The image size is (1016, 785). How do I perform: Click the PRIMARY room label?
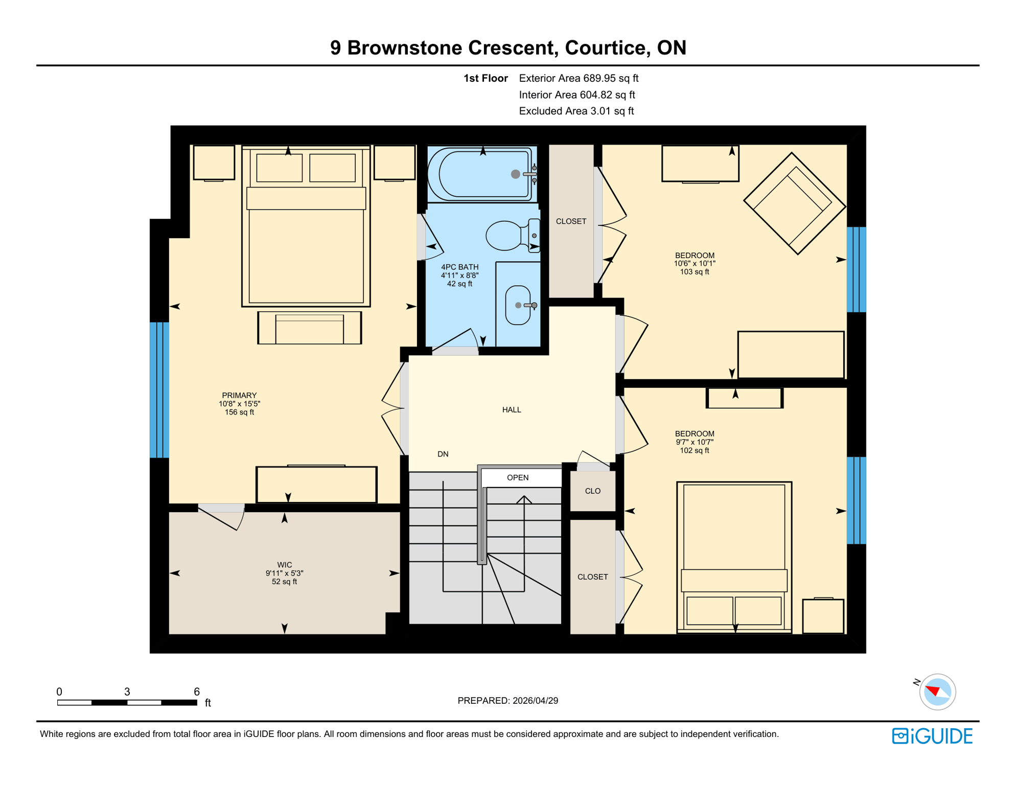[239, 396]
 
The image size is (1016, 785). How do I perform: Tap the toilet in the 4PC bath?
[509, 236]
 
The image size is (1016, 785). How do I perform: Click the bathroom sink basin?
[517, 305]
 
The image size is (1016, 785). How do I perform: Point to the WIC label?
[285, 565]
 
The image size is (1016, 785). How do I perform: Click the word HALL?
[512, 410]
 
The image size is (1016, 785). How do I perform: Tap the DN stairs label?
[443, 454]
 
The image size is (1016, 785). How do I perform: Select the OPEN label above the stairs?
[518, 477]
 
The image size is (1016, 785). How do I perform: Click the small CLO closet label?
[593, 491]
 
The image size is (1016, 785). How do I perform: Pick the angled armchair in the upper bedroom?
[794, 203]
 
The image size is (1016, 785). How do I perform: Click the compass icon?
[937, 692]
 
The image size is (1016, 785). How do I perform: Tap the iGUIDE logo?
[932, 736]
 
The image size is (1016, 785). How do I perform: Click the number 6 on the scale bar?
[197, 691]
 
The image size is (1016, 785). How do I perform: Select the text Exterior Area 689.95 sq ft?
[579, 78]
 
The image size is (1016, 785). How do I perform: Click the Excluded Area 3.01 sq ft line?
[576, 111]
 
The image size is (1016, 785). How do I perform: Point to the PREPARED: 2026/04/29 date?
[507, 701]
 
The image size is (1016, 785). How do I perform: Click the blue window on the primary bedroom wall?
[159, 390]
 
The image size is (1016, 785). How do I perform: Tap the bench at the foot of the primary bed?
[309, 328]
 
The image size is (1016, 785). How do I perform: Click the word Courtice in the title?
[604, 48]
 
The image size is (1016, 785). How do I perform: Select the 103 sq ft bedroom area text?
[694, 272]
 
